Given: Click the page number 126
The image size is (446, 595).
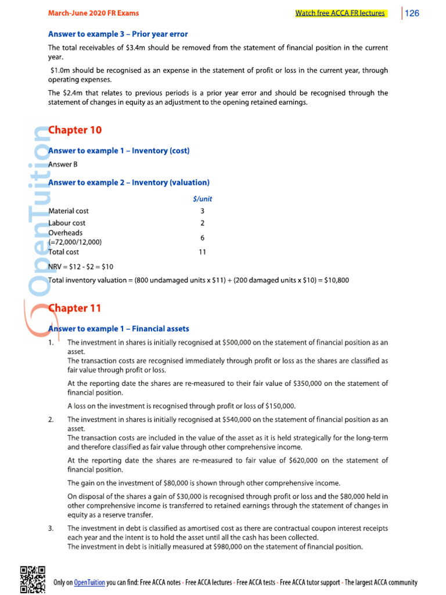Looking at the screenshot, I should tap(412, 13).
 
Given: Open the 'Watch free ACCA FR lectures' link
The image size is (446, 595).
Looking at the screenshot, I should tap(340, 13).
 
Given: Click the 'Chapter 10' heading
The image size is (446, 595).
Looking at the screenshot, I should tap(75, 130).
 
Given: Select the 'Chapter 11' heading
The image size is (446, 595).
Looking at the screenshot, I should tap(75, 307).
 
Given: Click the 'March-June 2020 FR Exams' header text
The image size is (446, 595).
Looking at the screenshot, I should tap(93, 13).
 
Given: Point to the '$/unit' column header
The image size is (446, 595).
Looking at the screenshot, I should tap(202, 199).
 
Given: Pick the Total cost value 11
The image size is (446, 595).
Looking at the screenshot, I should tap(202, 252).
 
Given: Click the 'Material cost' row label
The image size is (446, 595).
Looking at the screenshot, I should tap(69, 211).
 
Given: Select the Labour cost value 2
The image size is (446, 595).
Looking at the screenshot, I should tap(202, 223).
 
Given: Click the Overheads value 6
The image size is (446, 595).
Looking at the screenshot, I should tap(202, 238).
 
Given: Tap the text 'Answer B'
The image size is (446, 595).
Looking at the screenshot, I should tap(63, 164).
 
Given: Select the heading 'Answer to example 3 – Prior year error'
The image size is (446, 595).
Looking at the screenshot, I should tap(118, 34).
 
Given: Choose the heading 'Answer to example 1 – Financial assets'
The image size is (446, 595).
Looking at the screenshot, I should tap(118, 329).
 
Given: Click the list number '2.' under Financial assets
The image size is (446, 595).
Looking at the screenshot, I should tap(52, 419).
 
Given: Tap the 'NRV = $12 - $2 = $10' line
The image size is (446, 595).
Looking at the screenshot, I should tap(81, 266).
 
